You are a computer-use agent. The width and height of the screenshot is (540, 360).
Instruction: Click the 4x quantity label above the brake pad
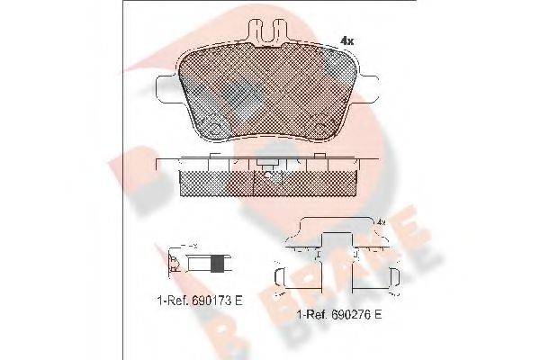tap(346, 40)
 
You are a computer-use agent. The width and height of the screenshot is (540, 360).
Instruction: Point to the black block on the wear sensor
tap(216, 265)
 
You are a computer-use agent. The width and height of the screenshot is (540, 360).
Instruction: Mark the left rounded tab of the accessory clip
tap(278, 280)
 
